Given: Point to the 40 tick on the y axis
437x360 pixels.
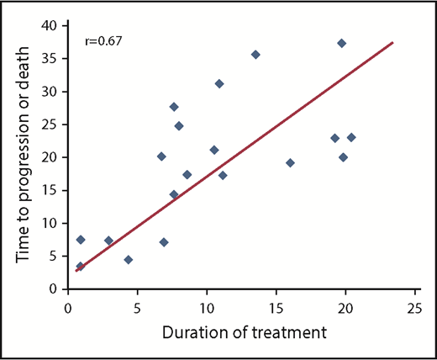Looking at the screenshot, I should click(x=50, y=25).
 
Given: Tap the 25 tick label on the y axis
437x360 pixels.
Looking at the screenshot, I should click(x=50, y=124).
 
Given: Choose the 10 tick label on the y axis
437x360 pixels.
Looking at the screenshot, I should click(x=50, y=223).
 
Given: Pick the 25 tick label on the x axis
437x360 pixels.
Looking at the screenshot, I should click(x=414, y=307).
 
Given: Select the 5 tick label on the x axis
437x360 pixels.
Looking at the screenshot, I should click(x=137, y=307).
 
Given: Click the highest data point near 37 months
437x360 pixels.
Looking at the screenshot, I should click(x=341, y=43).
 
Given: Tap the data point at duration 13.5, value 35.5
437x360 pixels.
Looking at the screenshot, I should click(x=255, y=55).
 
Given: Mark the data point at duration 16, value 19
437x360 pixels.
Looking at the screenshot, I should click(x=290, y=162).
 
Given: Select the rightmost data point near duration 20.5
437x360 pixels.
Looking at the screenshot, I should click(x=351, y=137).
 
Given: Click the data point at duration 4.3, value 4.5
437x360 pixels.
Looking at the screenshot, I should click(x=128, y=260).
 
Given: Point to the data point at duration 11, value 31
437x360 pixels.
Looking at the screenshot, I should click(x=219, y=83).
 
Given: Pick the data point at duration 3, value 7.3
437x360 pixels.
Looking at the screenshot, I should click(x=108, y=241).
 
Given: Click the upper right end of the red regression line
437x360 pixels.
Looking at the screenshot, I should click(x=392, y=42).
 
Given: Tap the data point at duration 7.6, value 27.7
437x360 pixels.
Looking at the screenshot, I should click(x=174, y=107).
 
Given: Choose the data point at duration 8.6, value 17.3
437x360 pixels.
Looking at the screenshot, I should click(x=187, y=175).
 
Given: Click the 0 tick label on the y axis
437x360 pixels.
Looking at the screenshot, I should click(x=55, y=289).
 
